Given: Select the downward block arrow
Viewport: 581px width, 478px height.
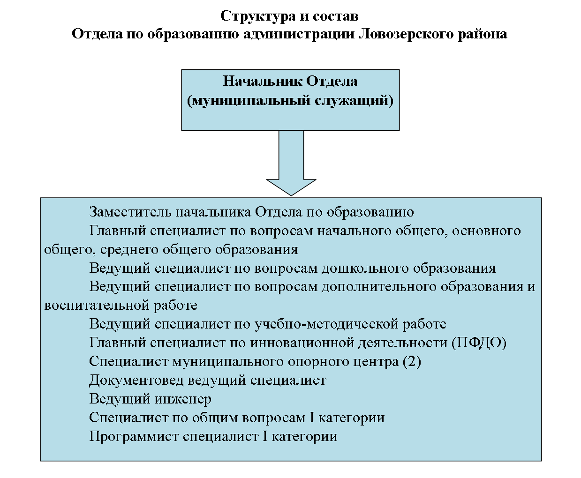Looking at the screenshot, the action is (291, 163).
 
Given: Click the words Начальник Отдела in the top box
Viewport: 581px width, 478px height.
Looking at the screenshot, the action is (290, 81).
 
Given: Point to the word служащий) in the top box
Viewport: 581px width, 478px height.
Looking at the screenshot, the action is (354, 100).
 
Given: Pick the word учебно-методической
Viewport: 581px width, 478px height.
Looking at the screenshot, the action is (326, 324).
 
